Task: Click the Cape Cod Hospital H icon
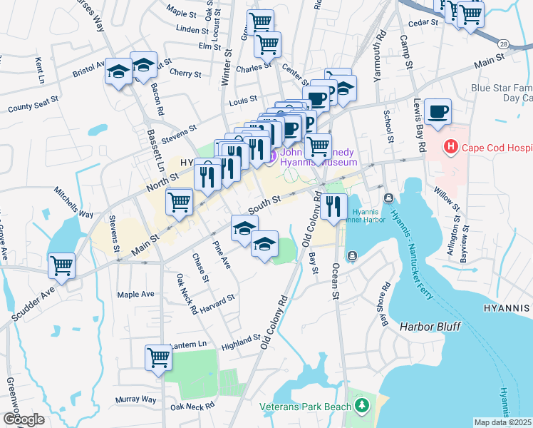coord(450,148)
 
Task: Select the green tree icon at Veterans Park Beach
coord(363,407)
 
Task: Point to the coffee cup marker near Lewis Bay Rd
coord(438,112)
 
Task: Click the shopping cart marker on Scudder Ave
coord(62,267)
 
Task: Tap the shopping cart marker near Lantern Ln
coord(158,358)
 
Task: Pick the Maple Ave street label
coord(135,294)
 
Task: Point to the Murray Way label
coord(138,399)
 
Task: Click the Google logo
coord(24,419)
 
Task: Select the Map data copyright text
coord(502,422)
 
